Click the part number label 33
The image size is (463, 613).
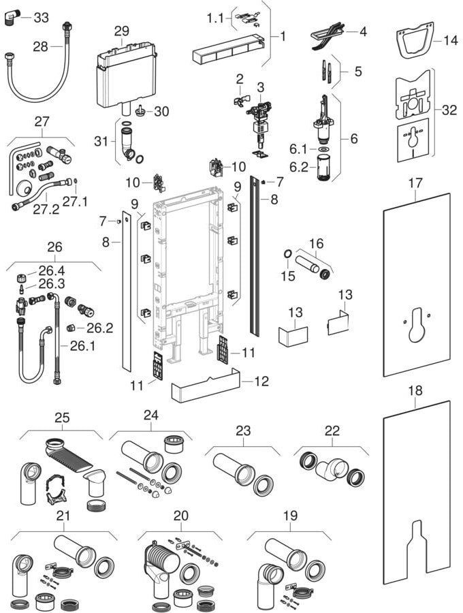click(x=42, y=18)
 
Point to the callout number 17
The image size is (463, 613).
click(x=415, y=183)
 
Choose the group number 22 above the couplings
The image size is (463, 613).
click(x=332, y=432)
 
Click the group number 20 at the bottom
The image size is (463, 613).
click(x=180, y=516)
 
